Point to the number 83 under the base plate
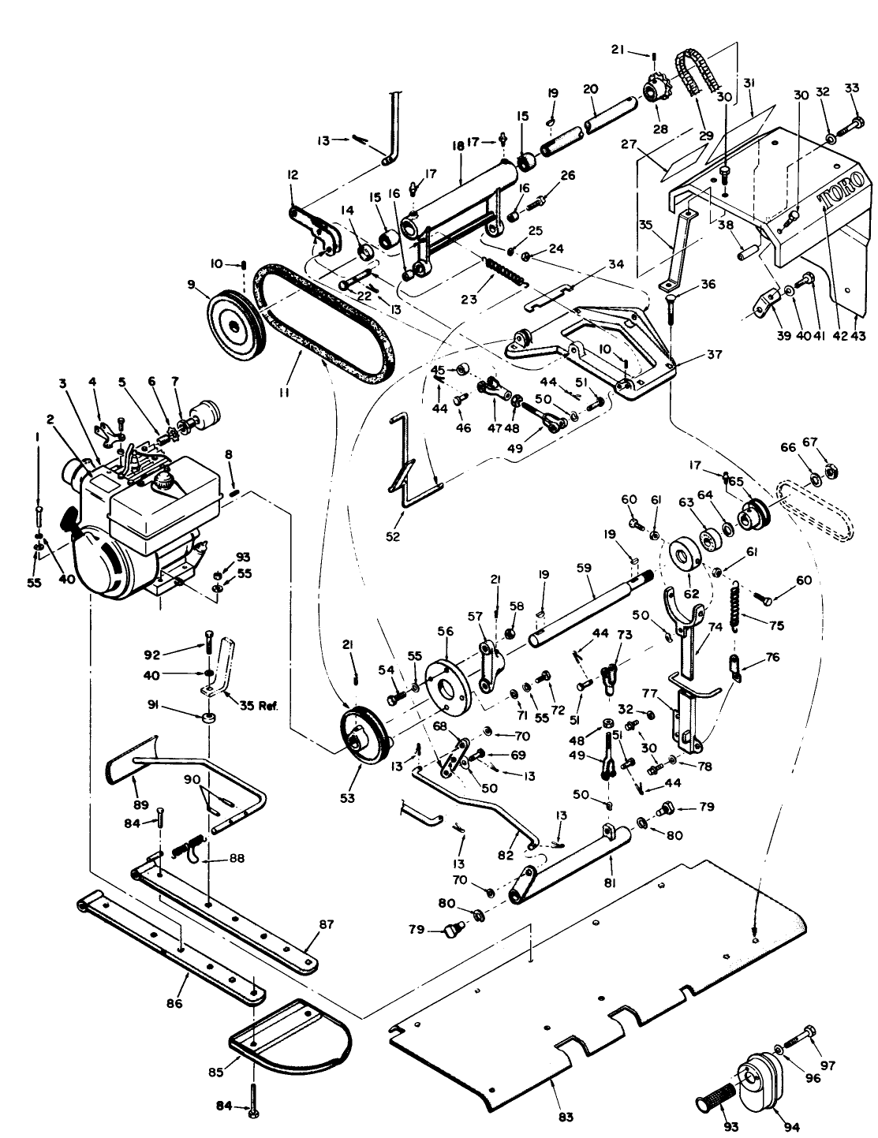point(566,1117)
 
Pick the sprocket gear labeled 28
point(654,88)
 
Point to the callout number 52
point(393,537)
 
